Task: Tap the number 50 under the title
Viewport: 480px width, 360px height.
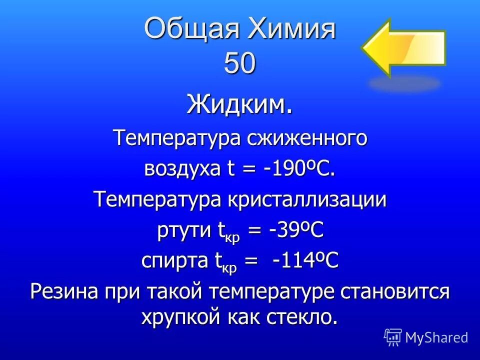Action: pos(240,63)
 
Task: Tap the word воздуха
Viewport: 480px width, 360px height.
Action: pos(182,169)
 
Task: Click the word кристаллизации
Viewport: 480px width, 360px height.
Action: pos(307,200)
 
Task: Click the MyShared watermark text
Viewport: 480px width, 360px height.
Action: pos(436,337)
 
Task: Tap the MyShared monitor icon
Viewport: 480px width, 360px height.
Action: pos(393,337)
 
